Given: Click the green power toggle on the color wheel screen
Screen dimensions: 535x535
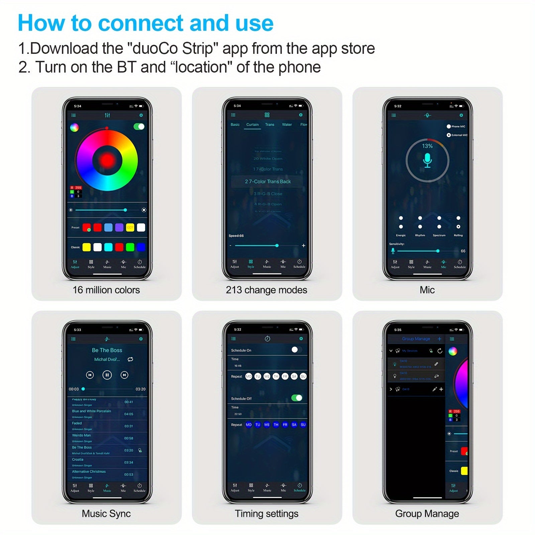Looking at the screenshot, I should click(139, 126).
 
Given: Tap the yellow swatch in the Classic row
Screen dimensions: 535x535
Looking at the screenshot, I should click(87, 247).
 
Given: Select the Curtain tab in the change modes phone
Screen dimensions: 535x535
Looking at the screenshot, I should click(252, 125).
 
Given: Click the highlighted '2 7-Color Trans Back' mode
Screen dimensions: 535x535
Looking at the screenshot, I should click(267, 182).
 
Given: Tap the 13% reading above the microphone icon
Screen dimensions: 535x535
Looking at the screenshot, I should click(427, 146).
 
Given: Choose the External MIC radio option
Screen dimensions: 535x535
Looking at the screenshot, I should click(449, 135).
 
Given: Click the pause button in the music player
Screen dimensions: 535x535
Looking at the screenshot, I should click(107, 375).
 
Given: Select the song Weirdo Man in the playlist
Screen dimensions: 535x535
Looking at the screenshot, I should click(82, 435).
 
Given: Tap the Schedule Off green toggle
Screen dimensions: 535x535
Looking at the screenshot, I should click(297, 398).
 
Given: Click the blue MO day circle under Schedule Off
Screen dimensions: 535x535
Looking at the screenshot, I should click(249, 425).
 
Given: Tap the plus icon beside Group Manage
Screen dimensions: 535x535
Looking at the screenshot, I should click(439, 339).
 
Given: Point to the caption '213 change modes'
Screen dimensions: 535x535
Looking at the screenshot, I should click(266, 290).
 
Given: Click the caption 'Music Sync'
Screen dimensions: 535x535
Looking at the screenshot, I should click(106, 514).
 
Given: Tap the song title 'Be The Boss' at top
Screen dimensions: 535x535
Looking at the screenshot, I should click(107, 350).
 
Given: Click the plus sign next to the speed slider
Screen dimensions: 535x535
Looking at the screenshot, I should click(304, 245).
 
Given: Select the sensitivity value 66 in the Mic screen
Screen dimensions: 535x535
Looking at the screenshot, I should click(463, 251).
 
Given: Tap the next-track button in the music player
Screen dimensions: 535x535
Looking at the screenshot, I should click(124, 375).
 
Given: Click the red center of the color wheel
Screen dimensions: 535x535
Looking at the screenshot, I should click(107, 160).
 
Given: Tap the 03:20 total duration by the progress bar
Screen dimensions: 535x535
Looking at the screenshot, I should click(140, 389).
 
